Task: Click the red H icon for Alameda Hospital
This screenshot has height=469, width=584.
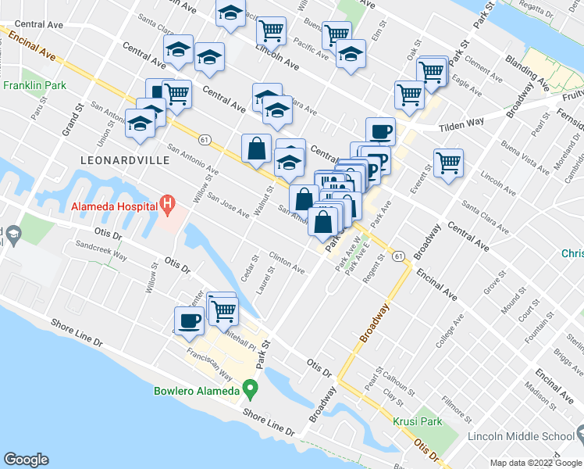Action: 166,206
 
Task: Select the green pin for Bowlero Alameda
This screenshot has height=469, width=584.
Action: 250,387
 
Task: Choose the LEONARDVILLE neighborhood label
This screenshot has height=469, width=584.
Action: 114,159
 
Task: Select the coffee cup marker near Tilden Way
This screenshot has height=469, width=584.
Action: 380,132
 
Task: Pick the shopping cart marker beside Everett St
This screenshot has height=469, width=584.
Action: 448,163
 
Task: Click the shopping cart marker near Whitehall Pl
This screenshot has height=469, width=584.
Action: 223,310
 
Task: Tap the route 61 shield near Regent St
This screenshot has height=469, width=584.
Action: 398,256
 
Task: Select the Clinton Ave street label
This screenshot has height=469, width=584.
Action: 287,262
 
